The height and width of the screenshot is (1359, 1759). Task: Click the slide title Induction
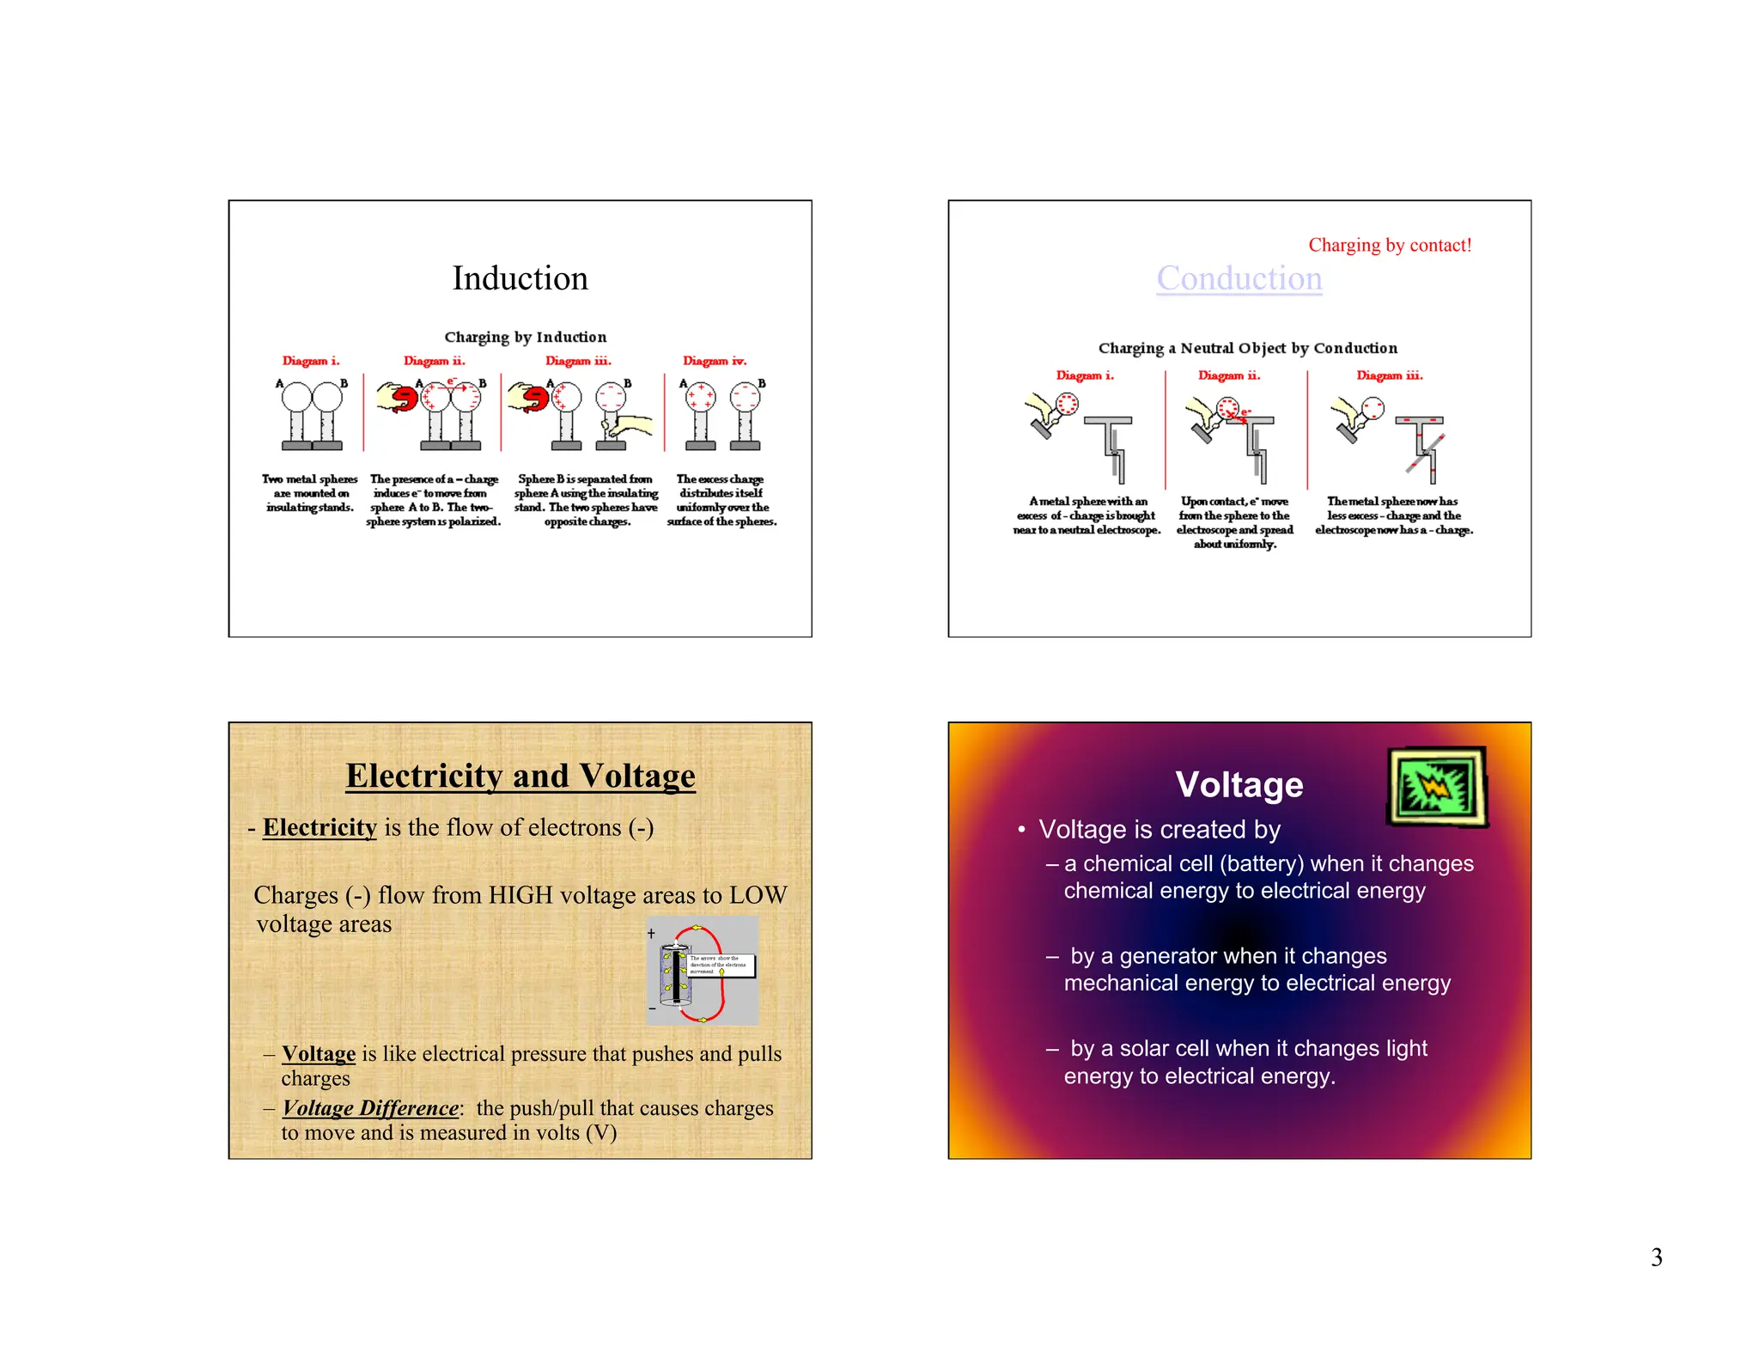coord(520,278)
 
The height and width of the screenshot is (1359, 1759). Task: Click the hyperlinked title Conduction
coord(1239,278)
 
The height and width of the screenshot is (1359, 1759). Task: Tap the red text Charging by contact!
coord(1389,245)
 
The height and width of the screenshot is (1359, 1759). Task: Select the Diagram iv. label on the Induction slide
coord(714,361)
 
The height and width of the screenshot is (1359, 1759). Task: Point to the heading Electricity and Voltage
coord(520,776)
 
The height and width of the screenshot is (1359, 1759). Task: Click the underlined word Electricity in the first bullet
coord(320,827)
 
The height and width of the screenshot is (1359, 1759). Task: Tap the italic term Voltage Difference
coord(371,1107)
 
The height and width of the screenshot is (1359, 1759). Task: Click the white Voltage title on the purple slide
coord(1239,784)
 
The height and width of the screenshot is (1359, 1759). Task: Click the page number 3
coord(1656,1258)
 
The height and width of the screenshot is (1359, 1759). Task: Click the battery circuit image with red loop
coord(702,971)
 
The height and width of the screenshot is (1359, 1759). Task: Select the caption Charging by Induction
coord(525,337)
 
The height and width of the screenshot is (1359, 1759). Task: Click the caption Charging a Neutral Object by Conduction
coord(1247,348)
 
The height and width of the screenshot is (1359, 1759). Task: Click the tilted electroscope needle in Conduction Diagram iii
coord(1426,453)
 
